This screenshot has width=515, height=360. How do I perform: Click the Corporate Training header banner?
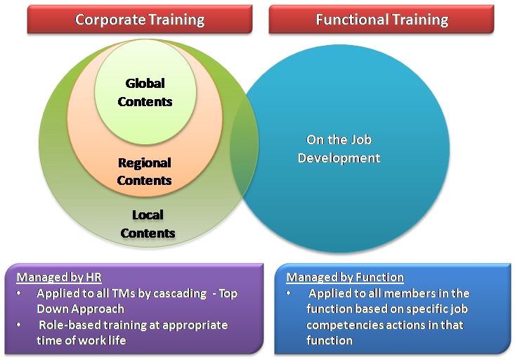(x=140, y=19)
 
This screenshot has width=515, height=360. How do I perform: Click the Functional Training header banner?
(x=382, y=19)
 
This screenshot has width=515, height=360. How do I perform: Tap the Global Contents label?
(x=145, y=92)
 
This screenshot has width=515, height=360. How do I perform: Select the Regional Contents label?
(x=145, y=172)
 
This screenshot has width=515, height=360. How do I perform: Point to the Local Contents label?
(x=148, y=224)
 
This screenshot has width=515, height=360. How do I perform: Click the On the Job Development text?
(x=339, y=149)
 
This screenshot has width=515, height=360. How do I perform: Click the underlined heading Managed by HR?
(x=59, y=277)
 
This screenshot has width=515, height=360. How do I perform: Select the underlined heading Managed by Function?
(x=345, y=277)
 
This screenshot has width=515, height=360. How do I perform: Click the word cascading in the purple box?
(x=180, y=293)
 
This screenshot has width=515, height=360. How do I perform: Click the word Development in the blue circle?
(x=339, y=157)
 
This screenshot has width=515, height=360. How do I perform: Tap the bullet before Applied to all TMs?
(x=19, y=293)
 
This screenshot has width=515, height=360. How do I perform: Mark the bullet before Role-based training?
(x=19, y=325)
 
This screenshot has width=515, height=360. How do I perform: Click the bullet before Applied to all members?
(x=289, y=293)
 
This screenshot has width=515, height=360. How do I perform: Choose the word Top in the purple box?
(x=228, y=294)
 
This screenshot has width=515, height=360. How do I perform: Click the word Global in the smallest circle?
(x=145, y=84)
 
